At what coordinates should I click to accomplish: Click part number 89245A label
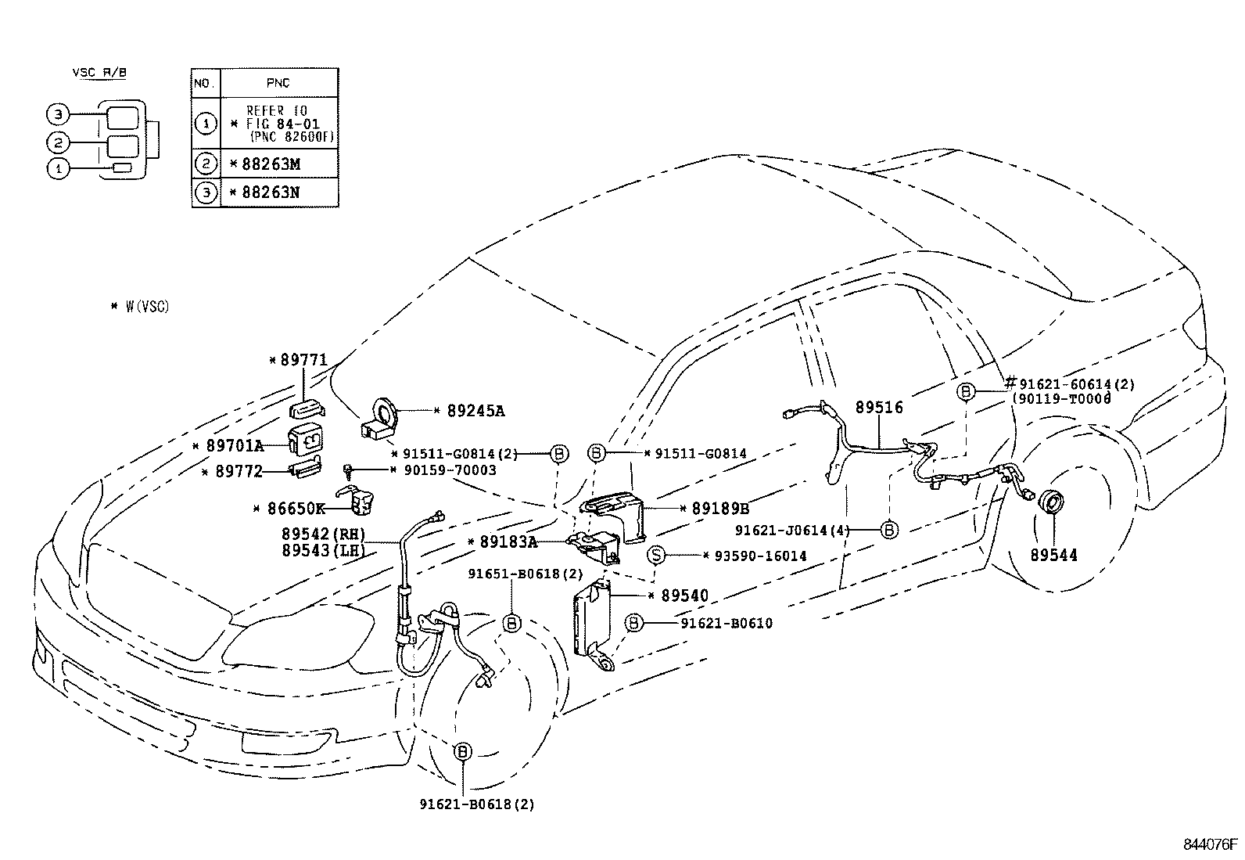coord(475,410)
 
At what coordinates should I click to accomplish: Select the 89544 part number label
coord(1053,555)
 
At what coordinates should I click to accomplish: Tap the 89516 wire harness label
coord(879,407)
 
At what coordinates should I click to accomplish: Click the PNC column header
coord(278,82)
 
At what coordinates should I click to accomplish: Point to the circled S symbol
coord(658,556)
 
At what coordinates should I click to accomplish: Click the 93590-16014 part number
coord(755,556)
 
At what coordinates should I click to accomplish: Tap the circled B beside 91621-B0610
coord(634,623)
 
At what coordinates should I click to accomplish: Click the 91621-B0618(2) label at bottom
coord(476,804)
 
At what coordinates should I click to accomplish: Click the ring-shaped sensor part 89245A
coord(386,412)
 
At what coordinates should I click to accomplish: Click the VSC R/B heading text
coord(99,73)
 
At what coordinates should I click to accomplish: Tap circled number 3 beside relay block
coord(56,116)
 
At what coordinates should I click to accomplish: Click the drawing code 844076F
coord(1210,844)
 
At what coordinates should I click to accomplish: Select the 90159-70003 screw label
coord(449,470)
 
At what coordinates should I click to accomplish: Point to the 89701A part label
coord(235,445)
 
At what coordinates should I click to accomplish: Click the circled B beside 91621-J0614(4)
coord(889,530)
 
